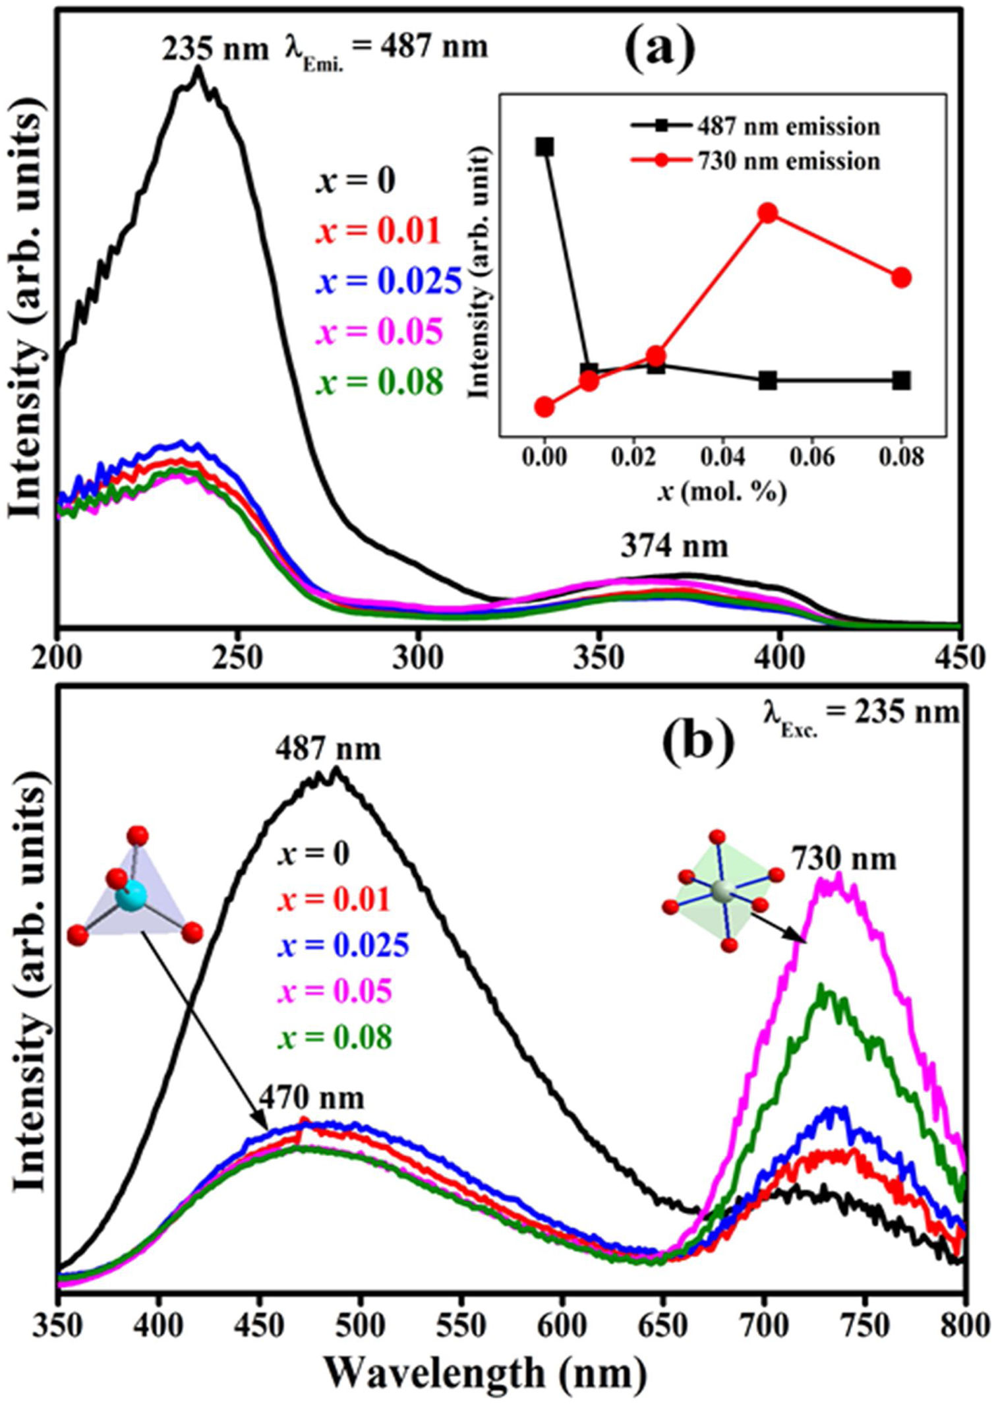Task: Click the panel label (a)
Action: pos(660,51)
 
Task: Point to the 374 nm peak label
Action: pos(674,546)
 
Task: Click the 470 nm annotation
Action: pos(311,1097)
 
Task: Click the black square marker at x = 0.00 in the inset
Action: pos(544,146)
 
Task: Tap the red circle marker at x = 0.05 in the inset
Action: pos(767,212)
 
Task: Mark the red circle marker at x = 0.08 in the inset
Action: pos(902,278)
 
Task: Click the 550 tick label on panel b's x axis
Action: pos(462,1324)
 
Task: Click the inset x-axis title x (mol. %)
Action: pos(722,491)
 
